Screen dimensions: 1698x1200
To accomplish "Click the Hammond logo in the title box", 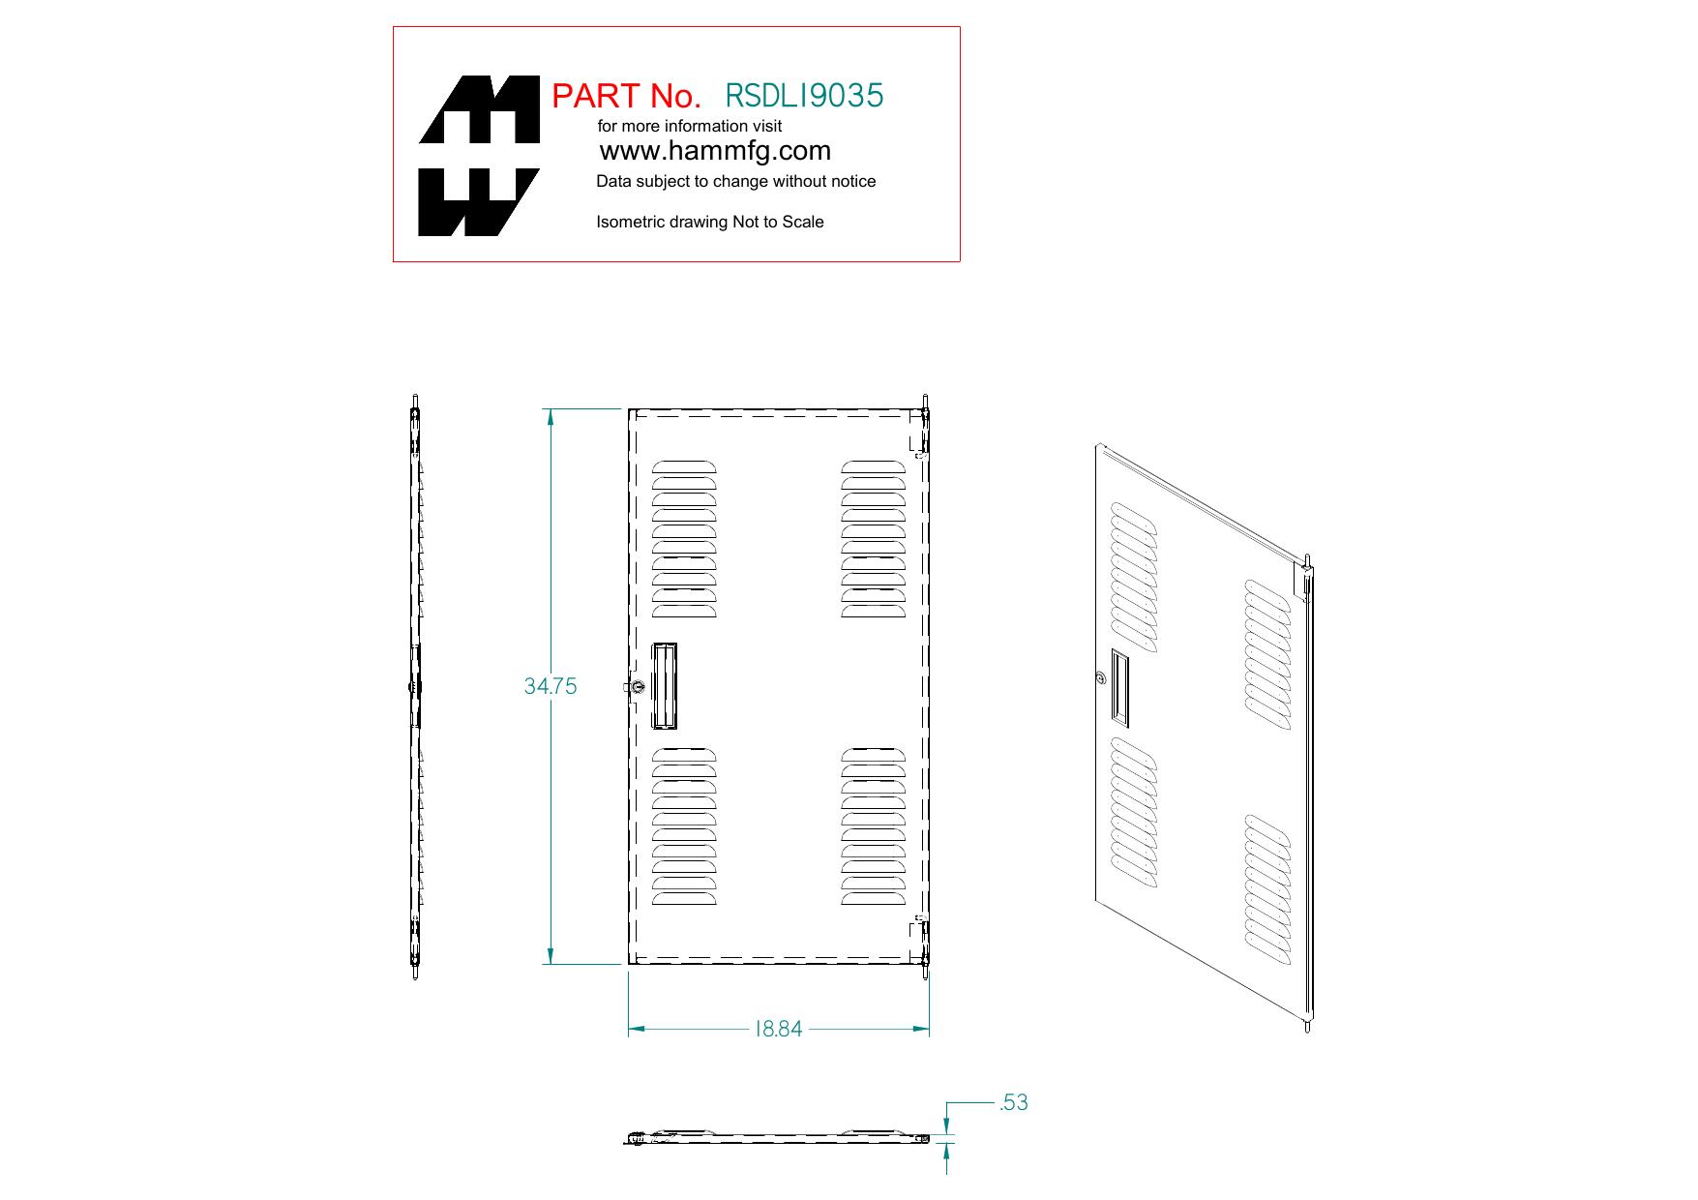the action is click(479, 156).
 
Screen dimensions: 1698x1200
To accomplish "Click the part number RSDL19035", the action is click(804, 95).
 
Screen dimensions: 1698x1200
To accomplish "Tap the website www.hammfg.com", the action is click(715, 151).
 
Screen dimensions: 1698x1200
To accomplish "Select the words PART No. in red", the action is click(626, 96).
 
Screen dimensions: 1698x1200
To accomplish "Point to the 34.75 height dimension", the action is click(550, 686).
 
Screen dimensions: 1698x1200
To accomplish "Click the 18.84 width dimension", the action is click(779, 1030).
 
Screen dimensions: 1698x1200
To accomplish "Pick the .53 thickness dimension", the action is click(1013, 1102).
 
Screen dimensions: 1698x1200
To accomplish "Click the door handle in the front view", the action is click(665, 685).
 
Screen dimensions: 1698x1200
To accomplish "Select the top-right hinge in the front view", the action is click(925, 425).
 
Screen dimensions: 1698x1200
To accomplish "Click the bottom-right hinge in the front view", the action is click(925, 946).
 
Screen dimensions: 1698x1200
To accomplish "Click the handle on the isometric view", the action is click(1119, 687).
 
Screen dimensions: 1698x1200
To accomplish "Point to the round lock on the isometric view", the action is click(1101, 678).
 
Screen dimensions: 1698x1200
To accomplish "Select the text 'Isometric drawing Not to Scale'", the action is click(710, 222).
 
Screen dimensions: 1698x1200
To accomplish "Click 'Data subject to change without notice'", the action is click(735, 181).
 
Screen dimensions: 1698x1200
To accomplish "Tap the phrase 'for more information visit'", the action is click(690, 126).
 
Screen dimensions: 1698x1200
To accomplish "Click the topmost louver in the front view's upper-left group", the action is click(684, 467).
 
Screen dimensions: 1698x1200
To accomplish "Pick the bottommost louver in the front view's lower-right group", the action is click(873, 897).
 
